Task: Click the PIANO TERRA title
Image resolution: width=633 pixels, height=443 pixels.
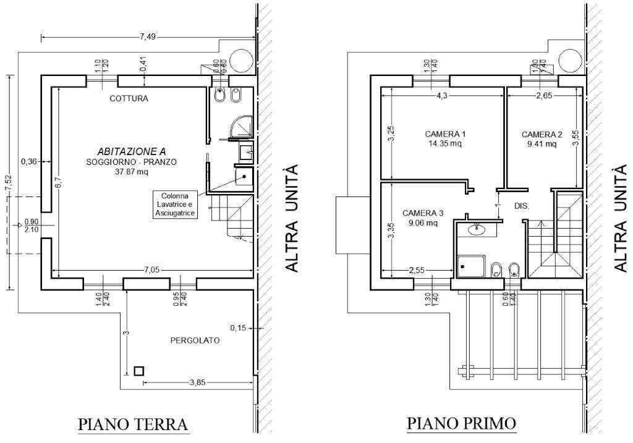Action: click(132, 425)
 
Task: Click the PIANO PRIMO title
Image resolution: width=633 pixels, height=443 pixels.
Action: click(462, 423)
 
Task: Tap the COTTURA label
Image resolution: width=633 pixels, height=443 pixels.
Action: click(129, 98)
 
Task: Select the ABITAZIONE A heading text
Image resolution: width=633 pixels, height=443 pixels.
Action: click(132, 151)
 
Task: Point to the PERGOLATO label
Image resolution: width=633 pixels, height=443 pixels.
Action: click(195, 340)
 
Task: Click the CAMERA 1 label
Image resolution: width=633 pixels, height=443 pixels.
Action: click(445, 133)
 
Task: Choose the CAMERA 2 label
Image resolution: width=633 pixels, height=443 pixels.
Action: click(542, 134)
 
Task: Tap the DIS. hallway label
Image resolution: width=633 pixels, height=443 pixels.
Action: click(522, 206)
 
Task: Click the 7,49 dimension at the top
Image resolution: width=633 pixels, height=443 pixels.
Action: click(148, 37)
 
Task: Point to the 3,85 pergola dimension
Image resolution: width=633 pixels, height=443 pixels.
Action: click(197, 382)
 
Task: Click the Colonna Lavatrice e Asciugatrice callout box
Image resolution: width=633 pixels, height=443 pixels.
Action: click(175, 203)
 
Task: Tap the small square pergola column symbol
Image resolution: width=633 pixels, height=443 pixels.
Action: click(139, 371)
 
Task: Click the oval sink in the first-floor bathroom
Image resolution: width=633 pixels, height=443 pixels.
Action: click(477, 230)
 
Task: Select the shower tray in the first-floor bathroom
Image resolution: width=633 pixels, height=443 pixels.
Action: click(470, 266)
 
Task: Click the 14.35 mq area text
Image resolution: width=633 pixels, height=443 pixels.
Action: click(445, 143)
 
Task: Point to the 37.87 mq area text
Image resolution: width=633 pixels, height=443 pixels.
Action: click(132, 172)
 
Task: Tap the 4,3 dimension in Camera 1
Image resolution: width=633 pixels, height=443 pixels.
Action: click(443, 96)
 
